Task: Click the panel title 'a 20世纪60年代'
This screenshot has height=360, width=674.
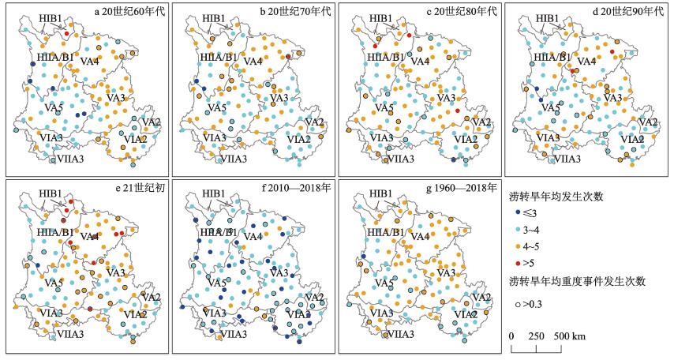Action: (129, 12)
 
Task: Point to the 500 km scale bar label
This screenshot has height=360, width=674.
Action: (568, 336)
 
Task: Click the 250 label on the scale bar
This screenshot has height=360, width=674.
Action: (537, 336)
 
